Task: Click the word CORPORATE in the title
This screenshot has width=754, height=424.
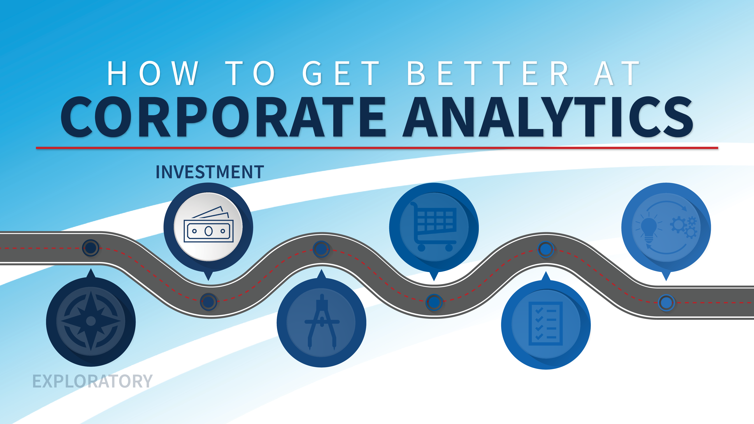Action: click(222, 117)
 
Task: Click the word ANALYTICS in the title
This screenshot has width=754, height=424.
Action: click(547, 117)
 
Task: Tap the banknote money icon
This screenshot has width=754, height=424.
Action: click(208, 227)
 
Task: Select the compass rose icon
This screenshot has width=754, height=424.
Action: click(91, 321)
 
